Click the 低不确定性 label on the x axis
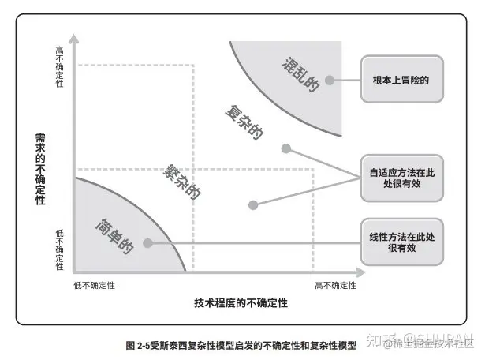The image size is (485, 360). point(95,285)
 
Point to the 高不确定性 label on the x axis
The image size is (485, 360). point(335,285)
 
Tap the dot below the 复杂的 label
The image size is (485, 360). point(285,148)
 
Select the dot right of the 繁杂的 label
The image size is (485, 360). point(252,204)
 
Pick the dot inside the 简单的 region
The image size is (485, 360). point(148,242)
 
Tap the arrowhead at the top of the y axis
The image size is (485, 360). point(73,37)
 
